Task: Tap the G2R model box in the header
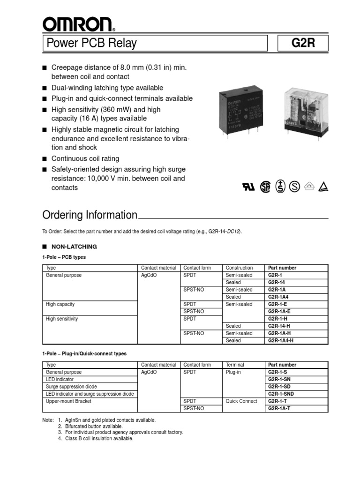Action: click(x=303, y=44)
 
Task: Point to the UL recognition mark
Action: click(x=249, y=187)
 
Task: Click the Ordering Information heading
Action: click(x=90, y=215)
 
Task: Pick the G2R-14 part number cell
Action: click(x=277, y=283)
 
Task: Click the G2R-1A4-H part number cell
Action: click(x=281, y=341)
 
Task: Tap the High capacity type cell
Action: click(x=60, y=304)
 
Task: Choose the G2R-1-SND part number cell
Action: click(x=281, y=394)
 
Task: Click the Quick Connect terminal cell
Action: click(x=241, y=401)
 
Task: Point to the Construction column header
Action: click(x=239, y=268)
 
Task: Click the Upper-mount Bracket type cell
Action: click(x=69, y=401)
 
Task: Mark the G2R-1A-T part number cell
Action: click(x=279, y=408)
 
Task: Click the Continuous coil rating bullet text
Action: click(x=85, y=158)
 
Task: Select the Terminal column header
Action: click(x=235, y=365)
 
